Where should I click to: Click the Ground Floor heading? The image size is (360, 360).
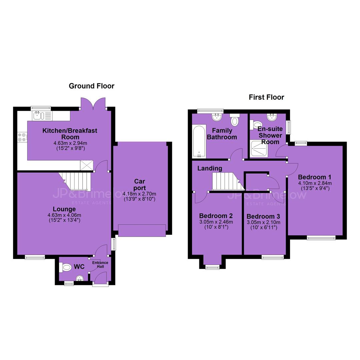(91, 86)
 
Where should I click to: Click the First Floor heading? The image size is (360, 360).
(266, 97)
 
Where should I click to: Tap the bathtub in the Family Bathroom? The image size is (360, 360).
(199, 141)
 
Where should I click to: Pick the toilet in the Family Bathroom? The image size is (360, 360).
(234, 119)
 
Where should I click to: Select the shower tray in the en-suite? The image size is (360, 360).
(259, 149)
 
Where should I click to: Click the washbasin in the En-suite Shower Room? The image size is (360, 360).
(272, 117)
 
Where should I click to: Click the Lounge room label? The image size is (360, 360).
(64, 209)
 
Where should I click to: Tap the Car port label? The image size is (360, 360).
(140, 185)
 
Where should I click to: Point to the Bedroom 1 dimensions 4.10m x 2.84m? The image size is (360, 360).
(315, 183)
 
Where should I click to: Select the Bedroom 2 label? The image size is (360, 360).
(216, 216)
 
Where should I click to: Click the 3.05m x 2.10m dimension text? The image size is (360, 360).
(263, 222)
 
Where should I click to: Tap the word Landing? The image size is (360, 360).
(210, 168)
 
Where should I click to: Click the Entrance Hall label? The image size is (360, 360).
(100, 264)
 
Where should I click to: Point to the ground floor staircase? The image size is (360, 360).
(75, 181)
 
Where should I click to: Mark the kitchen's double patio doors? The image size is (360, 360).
(93, 103)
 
